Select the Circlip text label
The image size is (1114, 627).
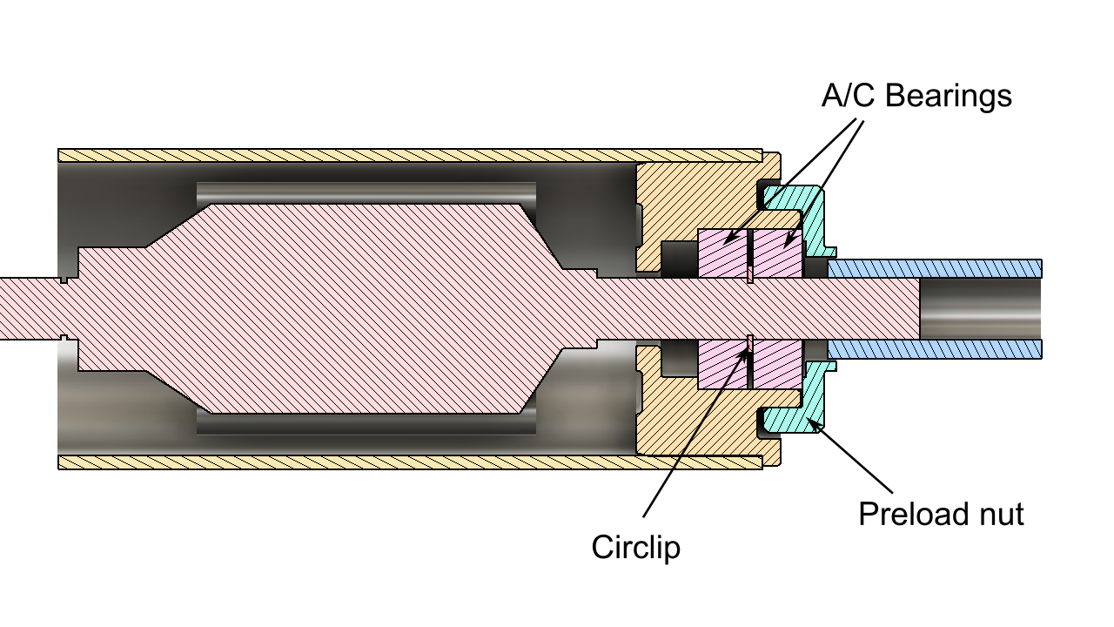click(x=635, y=548)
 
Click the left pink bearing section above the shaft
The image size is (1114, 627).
click(x=722, y=253)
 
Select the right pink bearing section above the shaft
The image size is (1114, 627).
click(x=776, y=253)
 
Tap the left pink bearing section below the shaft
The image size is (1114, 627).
click(x=722, y=364)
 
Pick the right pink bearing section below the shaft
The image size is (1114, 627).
click(x=776, y=364)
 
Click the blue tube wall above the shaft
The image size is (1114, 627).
click(x=936, y=268)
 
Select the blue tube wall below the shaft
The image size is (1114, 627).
click(x=936, y=349)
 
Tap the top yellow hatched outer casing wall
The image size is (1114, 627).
click(x=409, y=155)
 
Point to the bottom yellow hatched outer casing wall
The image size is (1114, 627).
click(x=409, y=462)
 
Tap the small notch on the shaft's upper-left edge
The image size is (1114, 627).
click(x=66, y=280)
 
